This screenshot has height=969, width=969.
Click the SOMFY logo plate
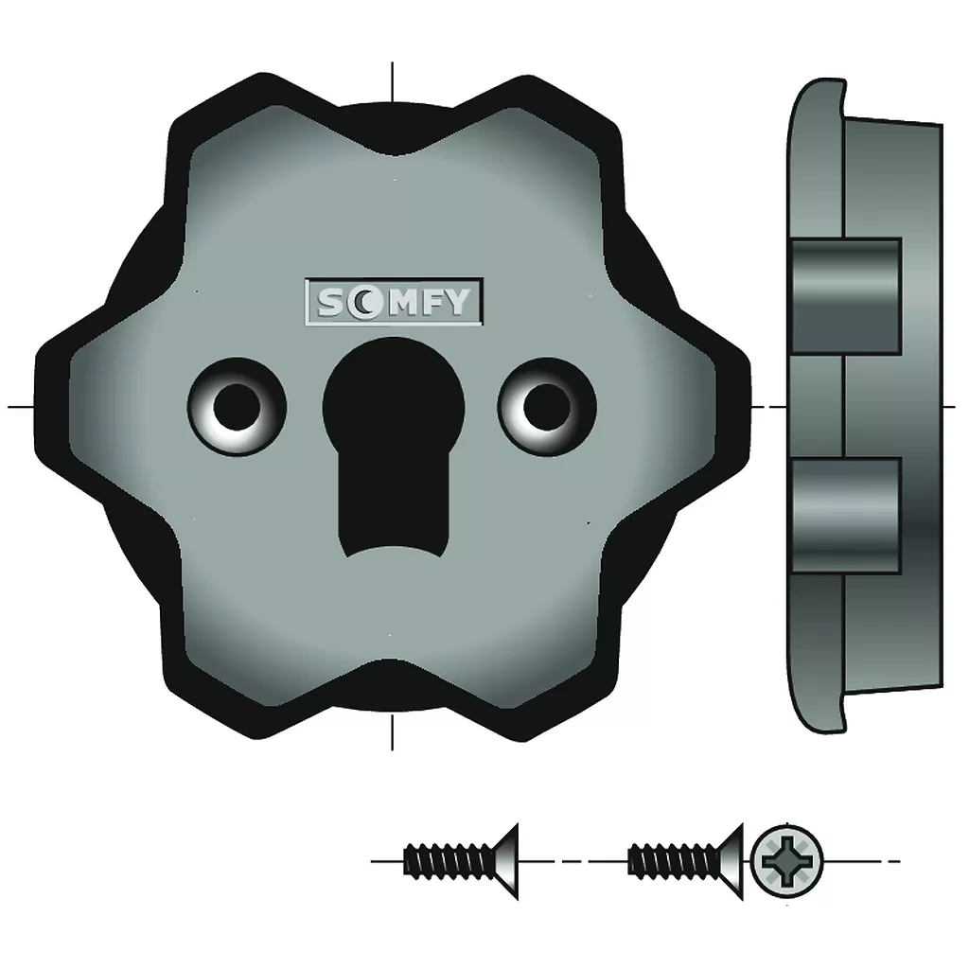[394, 302]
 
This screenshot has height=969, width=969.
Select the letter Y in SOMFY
[457, 302]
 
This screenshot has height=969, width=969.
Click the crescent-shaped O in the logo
[361, 303]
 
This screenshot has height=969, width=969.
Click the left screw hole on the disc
[237, 407]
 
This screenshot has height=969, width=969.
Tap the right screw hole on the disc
[547, 407]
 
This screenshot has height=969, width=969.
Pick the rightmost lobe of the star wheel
[732, 406]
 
